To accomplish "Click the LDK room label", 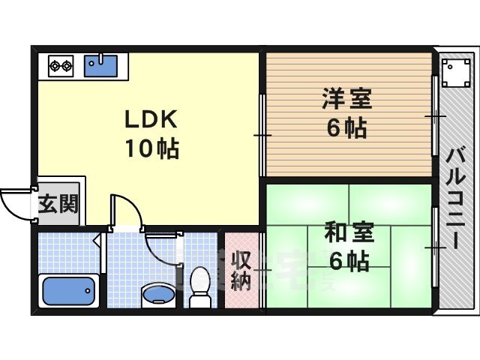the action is click(151, 118).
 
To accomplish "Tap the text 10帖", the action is click(152, 148).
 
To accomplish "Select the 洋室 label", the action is click(346, 98).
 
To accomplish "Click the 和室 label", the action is click(349, 232).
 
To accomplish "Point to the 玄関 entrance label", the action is click(58, 203).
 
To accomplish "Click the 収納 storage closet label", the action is click(241, 271).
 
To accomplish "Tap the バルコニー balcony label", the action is click(455, 199).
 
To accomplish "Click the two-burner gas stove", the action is click(61, 66).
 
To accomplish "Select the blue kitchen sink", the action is click(100, 65).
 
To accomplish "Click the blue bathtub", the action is click(68, 291).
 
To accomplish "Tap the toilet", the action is click(200, 286).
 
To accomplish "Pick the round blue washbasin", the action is click(158, 295).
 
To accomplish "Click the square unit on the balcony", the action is click(455, 73).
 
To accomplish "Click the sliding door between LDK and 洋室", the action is click(262, 135).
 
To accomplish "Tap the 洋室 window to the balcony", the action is click(435, 115).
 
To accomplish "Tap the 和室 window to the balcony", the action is click(435, 247).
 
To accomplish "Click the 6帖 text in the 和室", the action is click(349, 261).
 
